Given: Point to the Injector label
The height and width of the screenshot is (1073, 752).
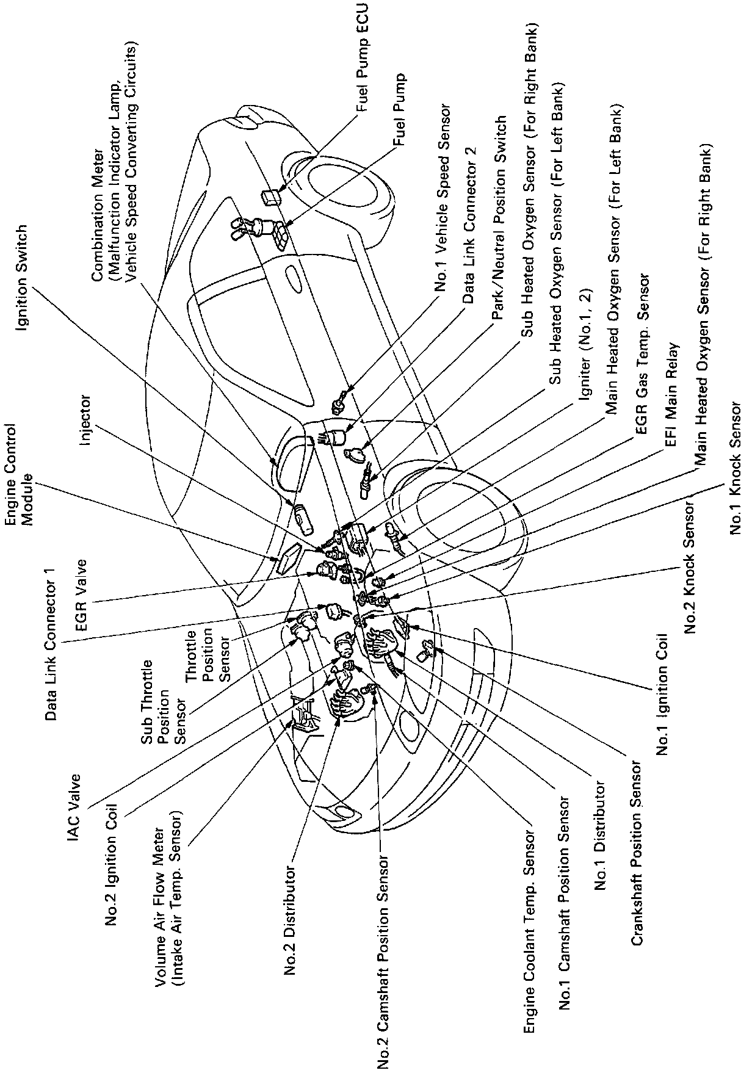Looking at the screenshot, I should pyautogui.click(x=86, y=420).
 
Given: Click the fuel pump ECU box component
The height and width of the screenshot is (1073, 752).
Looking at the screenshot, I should pyautogui.click(x=270, y=197).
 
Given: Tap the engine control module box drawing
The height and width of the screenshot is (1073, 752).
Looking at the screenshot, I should pyautogui.click(x=287, y=557).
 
